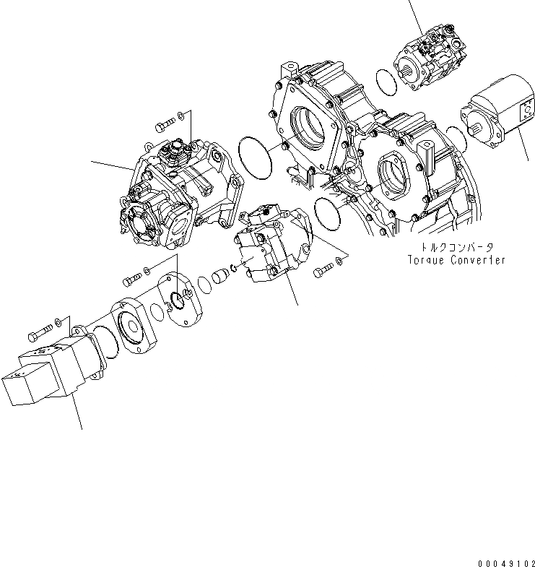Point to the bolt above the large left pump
(x=164, y=128)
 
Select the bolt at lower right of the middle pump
(x=322, y=269)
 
